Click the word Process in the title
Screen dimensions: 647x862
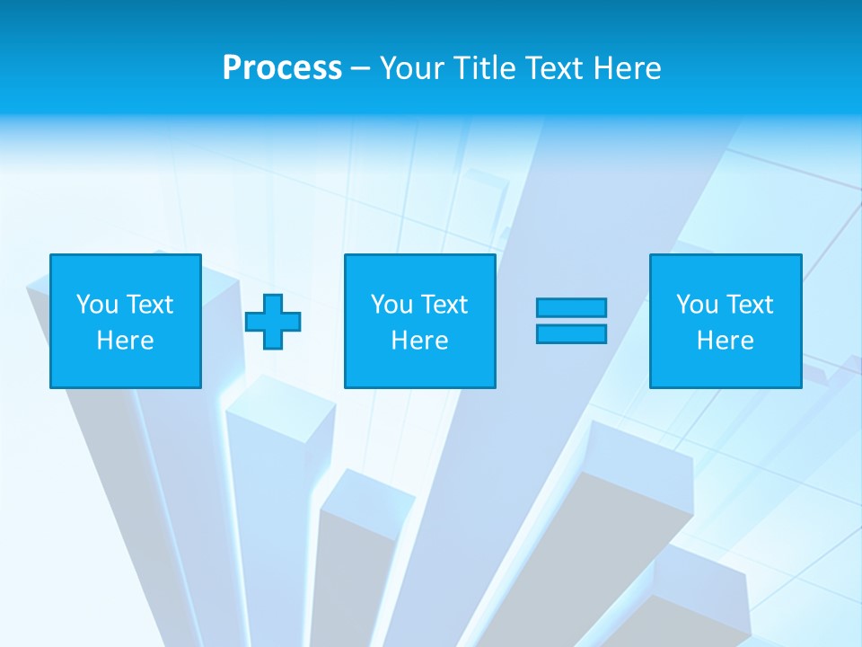point(282,68)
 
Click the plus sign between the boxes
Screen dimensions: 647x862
point(273,322)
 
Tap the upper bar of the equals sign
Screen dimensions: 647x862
point(571,308)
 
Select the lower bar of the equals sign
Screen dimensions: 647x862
point(571,333)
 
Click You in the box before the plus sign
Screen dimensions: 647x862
point(97,305)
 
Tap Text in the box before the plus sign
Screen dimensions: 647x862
point(149,305)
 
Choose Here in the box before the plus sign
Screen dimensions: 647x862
point(125,341)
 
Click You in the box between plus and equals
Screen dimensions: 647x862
point(391,305)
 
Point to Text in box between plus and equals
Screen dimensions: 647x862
point(444,305)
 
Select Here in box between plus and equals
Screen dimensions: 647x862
point(419,341)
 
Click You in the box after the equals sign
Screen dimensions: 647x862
point(697,305)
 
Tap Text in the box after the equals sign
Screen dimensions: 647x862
point(749,305)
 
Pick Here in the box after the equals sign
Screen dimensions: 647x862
point(725,341)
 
